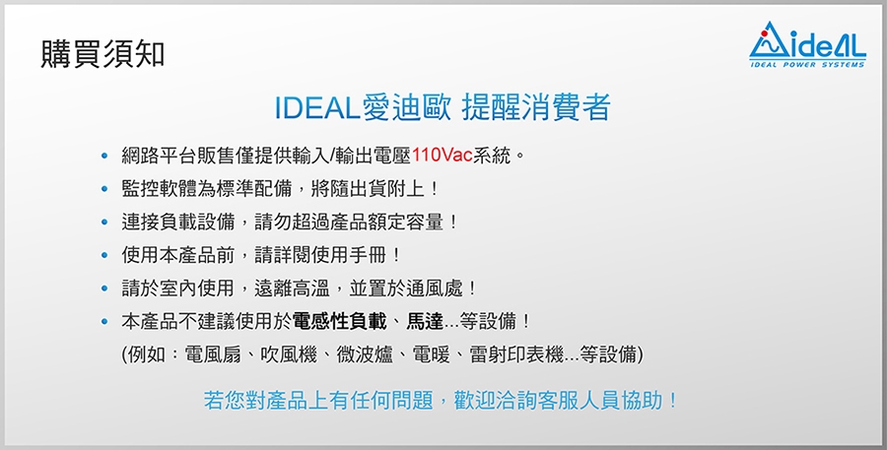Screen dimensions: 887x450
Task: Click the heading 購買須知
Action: pyautogui.click(x=102, y=54)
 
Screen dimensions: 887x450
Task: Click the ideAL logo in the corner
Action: pyautogui.click(x=807, y=44)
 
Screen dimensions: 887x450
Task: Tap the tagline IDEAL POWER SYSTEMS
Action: pyautogui.click(x=807, y=64)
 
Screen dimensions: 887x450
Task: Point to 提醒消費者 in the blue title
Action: pyautogui.click(x=536, y=107)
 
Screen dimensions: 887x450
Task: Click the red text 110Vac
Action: pyautogui.click(x=443, y=156)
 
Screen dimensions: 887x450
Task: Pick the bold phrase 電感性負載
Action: pyautogui.click(x=339, y=322)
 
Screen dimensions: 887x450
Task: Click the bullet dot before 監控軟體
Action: pyautogui.click(x=103, y=189)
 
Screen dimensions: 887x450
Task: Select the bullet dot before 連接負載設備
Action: pyautogui.click(x=103, y=223)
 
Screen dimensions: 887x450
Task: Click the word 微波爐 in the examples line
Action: pyautogui.click(x=365, y=355)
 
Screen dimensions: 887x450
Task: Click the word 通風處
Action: pyautogui.click(x=434, y=289)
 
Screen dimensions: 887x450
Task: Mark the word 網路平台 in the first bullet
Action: pyautogui.click(x=159, y=156)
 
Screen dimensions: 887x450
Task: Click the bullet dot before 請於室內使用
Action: pyautogui.click(x=103, y=289)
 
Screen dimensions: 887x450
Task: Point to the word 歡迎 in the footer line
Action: pyautogui.click(x=473, y=401)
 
